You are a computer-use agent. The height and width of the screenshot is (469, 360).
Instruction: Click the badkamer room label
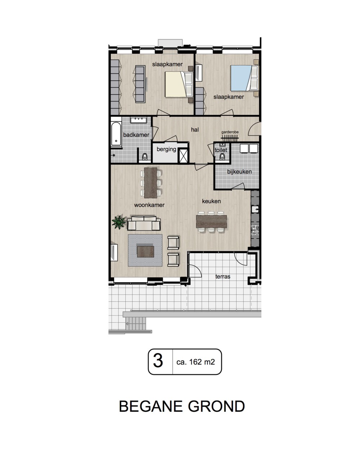pyautogui.click(x=136, y=135)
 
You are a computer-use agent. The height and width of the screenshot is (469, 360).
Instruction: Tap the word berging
pyautogui.click(x=166, y=149)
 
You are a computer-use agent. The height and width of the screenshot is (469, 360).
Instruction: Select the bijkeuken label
pyautogui.click(x=239, y=172)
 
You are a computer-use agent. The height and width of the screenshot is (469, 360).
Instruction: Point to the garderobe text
pyautogui.click(x=230, y=132)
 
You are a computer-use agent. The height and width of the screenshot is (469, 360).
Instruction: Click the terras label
pyautogui.click(x=223, y=277)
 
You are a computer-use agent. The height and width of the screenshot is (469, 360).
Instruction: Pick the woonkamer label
pyautogui.click(x=149, y=205)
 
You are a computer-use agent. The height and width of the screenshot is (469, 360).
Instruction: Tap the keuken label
pyautogui.click(x=211, y=201)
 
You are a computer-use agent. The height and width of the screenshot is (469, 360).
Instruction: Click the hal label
pyautogui.click(x=195, y=129)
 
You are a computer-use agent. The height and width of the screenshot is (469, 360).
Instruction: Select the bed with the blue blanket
pyautogui.click(x=244, y=78)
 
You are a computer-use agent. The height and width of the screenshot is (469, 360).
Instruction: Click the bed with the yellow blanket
pyautogui.click(x=179, y=85)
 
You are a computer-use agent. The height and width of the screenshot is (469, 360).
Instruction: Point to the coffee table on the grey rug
pyautogui.click(x=145, y=251)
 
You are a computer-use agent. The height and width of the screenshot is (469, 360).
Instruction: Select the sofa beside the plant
pyautogui.click(x=144, y=223)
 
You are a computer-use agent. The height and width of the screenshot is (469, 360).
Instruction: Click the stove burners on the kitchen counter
pyautogui.click(x=255, y=230)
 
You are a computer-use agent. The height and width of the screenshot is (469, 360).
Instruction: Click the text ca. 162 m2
pyautogui.click(x=195, y=362)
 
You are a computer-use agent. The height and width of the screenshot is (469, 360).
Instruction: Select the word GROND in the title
pyautogui.click(x=216, y=406)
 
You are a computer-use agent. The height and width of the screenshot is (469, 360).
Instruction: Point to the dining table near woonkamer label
pyautogui.click(x=150, y=183)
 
